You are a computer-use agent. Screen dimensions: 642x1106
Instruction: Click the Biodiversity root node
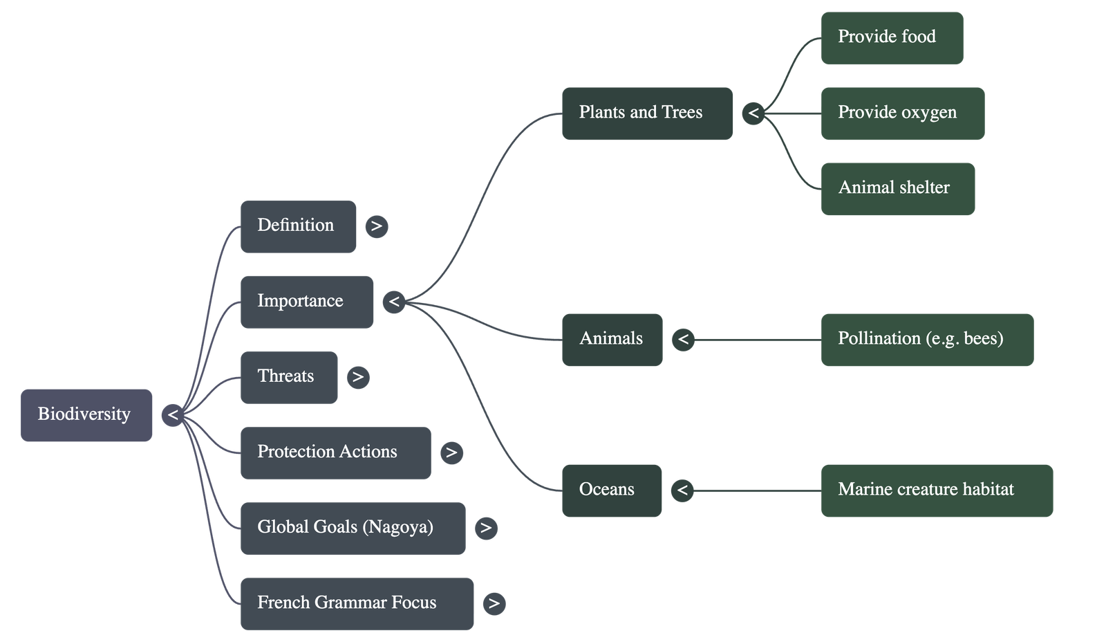(86, 414)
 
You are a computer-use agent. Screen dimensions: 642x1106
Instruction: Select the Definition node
(298, 226)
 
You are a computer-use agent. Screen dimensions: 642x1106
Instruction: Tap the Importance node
(307, 301)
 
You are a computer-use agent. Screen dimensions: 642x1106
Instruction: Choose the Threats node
(288, 376)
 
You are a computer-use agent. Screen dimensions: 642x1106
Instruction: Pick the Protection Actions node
(335, 452)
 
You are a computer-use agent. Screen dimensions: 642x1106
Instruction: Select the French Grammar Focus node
(357, 603)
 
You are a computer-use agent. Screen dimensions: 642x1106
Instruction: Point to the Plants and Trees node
(646, 113)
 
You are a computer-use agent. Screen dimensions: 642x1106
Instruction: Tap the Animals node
(612, 339)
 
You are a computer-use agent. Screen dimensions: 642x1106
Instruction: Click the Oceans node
(611, 490)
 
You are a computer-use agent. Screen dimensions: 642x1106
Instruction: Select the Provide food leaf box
(892, 37)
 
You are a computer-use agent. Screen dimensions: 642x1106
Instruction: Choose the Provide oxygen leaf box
(902, 113)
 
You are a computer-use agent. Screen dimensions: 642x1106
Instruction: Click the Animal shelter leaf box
(898, 188)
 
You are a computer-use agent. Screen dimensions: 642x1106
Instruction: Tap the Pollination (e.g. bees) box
(927, 339)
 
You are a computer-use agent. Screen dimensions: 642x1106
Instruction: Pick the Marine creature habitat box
(937, 490)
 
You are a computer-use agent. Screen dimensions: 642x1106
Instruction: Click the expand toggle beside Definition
(376, 226)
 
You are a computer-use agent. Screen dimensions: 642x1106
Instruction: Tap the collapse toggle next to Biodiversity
(173, 415)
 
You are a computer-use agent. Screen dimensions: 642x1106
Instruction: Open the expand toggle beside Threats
(357, 377)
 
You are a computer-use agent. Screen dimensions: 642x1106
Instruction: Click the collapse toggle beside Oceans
(682, 490)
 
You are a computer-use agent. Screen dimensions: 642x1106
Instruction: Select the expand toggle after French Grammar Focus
(494, 603)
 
